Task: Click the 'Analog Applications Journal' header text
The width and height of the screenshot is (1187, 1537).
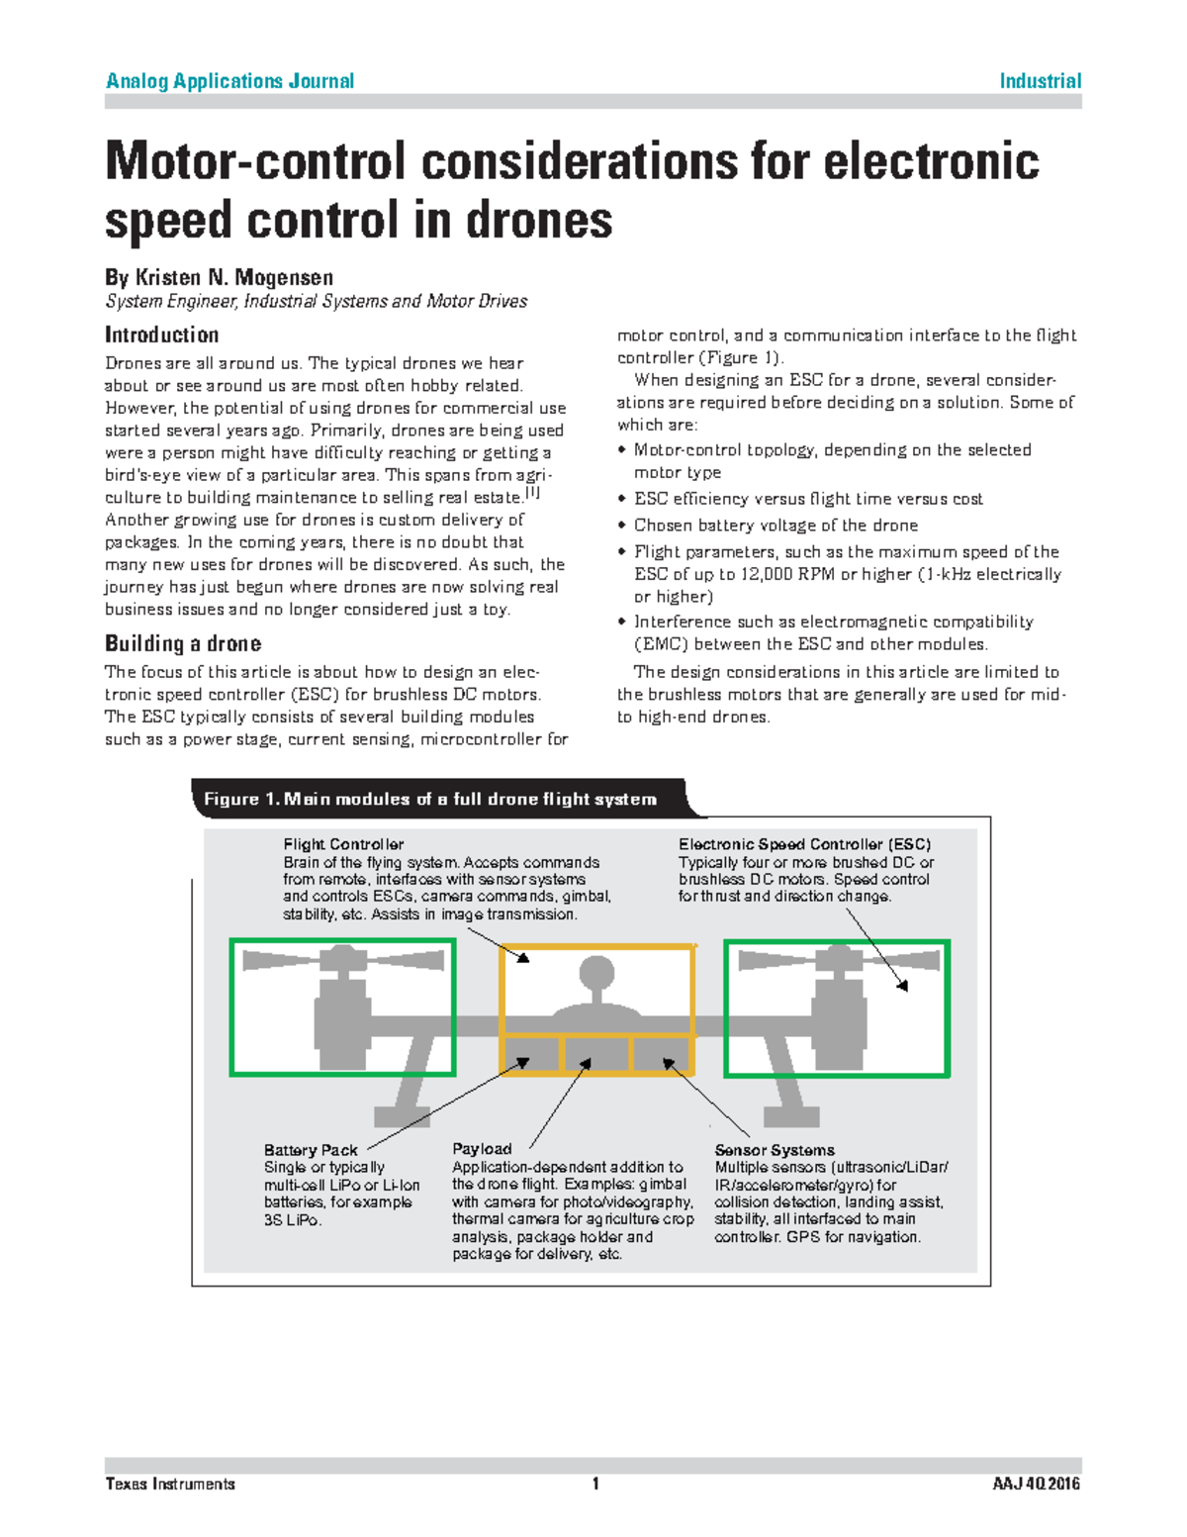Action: [x=229, y=81]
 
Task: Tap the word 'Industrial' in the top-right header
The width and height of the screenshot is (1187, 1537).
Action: [x=1040, y=81]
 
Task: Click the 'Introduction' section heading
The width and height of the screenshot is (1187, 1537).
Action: [x=162, y=335]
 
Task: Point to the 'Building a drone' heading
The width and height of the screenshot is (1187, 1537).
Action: [x=183, y=643]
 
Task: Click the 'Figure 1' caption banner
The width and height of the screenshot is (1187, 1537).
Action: [x=430, y=799]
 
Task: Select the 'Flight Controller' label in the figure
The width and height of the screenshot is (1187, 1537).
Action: [x=343, y=844]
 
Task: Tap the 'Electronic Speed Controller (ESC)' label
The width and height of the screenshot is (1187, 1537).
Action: [x=804, y=844]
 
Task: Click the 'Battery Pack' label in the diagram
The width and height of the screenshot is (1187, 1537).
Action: [x=311, y=1150]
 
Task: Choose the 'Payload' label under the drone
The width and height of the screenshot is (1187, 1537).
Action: [x=482, y=1149]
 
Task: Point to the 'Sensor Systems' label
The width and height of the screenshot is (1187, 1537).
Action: [x=775, y=1150]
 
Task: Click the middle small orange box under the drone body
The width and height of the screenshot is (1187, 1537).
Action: [x=596, y=1053]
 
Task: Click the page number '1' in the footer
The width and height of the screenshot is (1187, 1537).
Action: [x=595, y=1484]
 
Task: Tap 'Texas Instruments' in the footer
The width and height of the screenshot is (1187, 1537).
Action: [x=170, y=1484]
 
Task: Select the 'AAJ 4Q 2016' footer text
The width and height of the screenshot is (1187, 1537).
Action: [x=1037, y=1484]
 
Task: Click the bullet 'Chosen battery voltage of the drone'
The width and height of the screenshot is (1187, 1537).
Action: [x=776, y=526]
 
